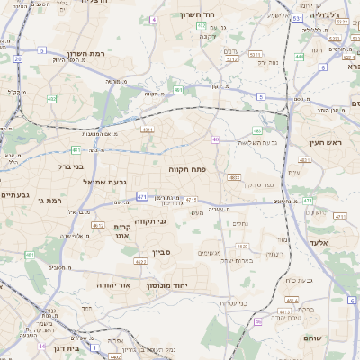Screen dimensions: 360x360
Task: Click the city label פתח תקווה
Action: pos(188,168)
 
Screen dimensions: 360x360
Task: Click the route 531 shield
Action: pos(297,17)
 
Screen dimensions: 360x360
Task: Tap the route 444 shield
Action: pos(299,56)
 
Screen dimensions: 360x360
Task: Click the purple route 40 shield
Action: pos(216,139)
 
